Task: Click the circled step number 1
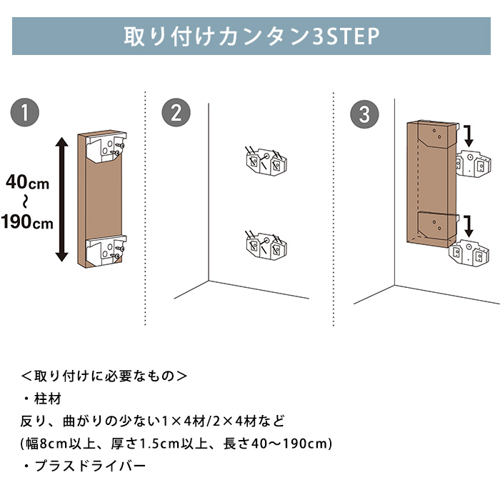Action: [x=25, y=112]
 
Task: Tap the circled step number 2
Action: [x=176, y=112]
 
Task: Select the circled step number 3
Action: [x=364, y=114]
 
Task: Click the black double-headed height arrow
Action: [x=62, y=199]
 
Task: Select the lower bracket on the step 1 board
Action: [x=106, y=250]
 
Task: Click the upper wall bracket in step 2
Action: [x=266, y=161]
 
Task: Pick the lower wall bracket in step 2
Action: [x=266, y=246]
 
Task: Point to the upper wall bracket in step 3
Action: [x=473, y=164]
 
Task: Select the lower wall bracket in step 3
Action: [x=469, y=253]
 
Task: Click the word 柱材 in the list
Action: [x=48, y=399]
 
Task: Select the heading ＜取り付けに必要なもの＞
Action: [x=104, y=376]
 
